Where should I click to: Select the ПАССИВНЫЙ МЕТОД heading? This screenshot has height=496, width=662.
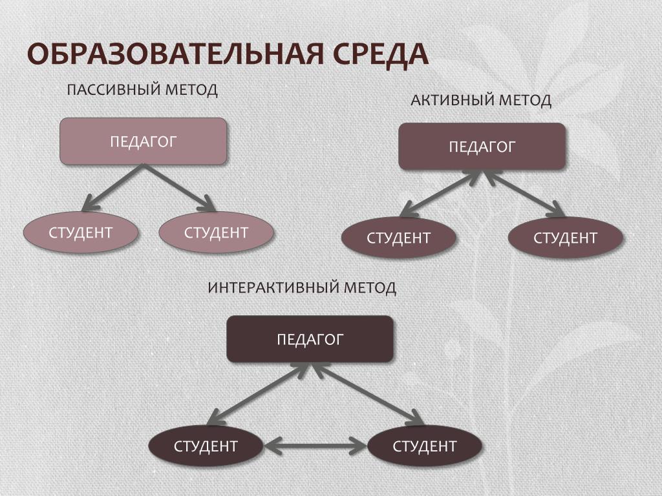coord(142,89)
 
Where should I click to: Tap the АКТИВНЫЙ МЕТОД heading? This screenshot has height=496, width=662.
coord(481,100)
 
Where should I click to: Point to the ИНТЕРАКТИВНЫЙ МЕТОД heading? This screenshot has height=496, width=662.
coord(302,287)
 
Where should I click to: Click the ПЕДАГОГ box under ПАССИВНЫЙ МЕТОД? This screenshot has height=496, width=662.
coord(143,141)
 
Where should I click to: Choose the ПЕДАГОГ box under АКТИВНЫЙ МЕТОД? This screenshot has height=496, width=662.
coord(482,147)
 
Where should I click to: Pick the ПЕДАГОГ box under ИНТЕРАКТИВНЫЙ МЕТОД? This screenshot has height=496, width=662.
coord(310,339)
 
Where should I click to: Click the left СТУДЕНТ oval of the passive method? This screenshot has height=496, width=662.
coord(81,232)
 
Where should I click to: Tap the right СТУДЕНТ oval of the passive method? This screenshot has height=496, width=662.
coord(216,232)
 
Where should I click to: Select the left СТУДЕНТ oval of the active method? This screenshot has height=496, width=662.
coord(398,238)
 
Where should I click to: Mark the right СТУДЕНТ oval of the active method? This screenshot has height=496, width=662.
coord(565,238)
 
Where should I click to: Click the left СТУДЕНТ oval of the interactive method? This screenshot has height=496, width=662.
coord(206,446)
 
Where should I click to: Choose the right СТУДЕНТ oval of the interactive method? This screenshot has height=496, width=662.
coord(425,446)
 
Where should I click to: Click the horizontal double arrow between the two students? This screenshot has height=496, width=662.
coord(315,445)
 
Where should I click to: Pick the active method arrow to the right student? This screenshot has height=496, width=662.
coord(524,193)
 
